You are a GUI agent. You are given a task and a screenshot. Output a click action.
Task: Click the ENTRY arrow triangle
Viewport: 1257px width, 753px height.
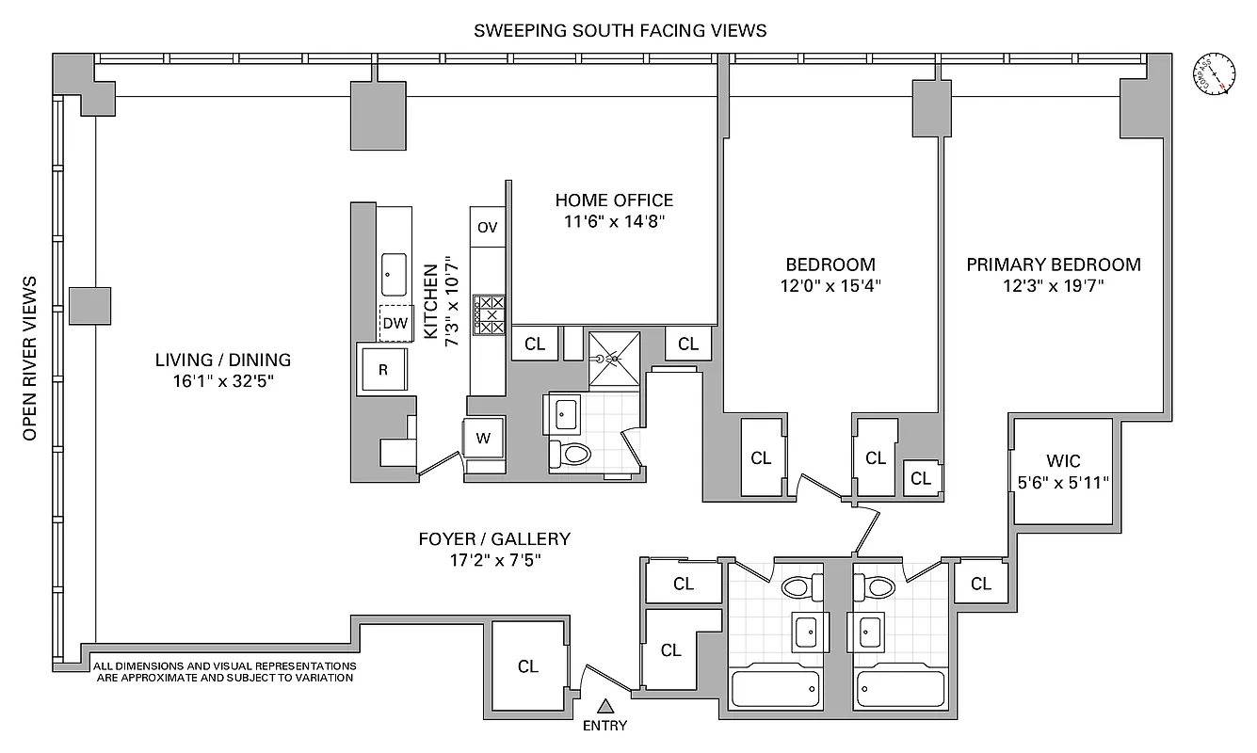pyautogui.click(x=606, y=705)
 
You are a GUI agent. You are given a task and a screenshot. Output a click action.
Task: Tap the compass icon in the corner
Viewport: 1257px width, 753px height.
pyautogui.click(x=1215, y=74)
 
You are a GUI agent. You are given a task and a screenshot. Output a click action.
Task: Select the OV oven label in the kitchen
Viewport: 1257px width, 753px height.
pyautogui.click(x=487, y=227)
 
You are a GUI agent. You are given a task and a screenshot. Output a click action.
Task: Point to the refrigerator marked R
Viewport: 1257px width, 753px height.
pyautogui.click(x=383, y=369)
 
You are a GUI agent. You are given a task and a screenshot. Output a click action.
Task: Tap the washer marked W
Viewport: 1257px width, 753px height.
pyautogui.click(x=484, y=438)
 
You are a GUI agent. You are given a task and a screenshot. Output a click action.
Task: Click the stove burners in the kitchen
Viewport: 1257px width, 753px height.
pyautogui.click(x=490, y=314)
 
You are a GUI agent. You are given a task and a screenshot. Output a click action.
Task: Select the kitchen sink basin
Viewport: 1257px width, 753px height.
pyautogui.click(x=394, y=274)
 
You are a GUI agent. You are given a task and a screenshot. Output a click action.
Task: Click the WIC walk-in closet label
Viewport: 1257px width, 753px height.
pyautogui.click(x=1063, y=461)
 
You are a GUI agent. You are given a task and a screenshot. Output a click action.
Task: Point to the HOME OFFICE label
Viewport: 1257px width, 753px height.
pyautogui.click(x=614, y=200)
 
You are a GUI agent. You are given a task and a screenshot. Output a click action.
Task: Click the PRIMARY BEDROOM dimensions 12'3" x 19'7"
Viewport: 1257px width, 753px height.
pyautogui.click(x=1054, y=286)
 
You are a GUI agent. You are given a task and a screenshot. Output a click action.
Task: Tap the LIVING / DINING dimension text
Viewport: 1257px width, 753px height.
pyautogui.click(x=223, y=381)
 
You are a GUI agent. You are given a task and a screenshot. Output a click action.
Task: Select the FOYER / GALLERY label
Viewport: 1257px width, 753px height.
pyautogui.click(x=494, y=539)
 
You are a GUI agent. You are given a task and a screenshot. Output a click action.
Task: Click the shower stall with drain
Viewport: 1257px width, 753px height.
pyautogui.click(x=613, y=359)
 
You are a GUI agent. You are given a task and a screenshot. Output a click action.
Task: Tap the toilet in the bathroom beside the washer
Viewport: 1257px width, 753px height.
pyautogui.click(x=570, y=455)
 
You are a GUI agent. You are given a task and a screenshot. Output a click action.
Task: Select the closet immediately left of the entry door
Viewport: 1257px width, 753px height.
pyautogui.click(x=528, y=665)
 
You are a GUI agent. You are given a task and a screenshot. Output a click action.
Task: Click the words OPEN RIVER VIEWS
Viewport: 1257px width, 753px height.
pyautogui.click(x=30, y=358)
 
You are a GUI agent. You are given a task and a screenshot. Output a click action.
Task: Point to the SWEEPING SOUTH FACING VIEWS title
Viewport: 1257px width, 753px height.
pyautogui.click(x=620, y=30)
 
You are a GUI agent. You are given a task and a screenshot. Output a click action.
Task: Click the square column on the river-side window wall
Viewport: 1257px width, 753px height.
pyautogui.click(x=89, y=306)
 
